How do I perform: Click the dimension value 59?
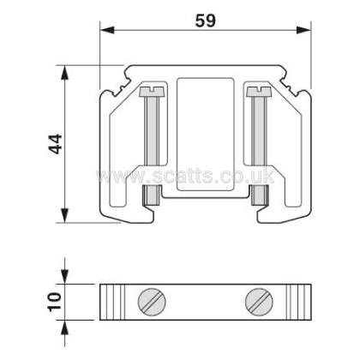pos(206,21)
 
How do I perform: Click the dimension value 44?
pos(55,144)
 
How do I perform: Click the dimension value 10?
pos(55,301)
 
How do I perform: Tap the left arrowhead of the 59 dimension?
pos(107,30)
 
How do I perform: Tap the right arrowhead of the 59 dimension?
pos(303,30)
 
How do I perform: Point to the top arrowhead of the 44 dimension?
pos(65,73)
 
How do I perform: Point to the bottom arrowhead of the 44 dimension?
pos(65,215)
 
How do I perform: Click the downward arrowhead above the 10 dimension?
pos(66,277)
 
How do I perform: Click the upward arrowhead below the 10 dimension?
pos(66,327)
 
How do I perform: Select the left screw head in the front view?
pos(152,91)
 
